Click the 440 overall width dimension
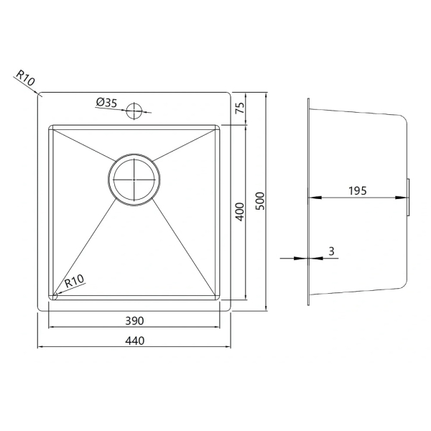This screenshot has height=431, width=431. pos(135,340)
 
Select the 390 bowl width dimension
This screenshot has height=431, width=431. pos(134,321)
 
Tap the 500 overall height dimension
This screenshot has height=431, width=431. pos(260,201)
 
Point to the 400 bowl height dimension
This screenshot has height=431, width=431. pos(240,212)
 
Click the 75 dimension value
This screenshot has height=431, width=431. pos(240,108)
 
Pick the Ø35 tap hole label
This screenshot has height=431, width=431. pos(106,103)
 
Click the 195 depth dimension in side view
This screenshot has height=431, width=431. pos(358,191)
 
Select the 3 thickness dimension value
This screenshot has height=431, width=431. pos(331,251)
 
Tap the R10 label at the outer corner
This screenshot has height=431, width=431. pos(26,78)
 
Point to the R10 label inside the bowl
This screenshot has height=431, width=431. pos(74,281)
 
